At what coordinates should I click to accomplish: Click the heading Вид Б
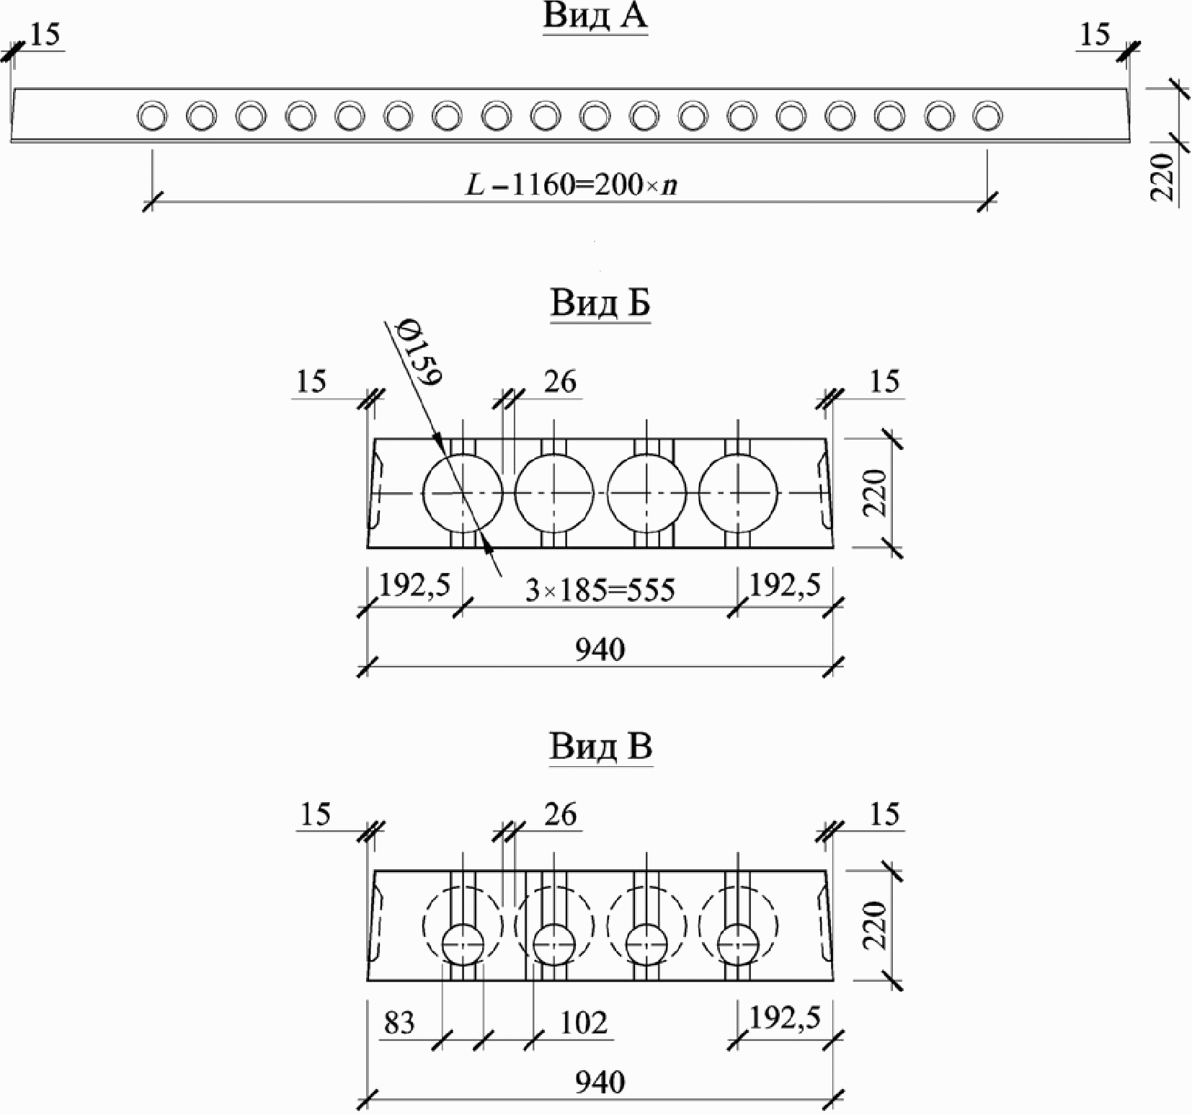tap(600, 303)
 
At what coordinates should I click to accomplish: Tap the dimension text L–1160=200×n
tap(571, 186)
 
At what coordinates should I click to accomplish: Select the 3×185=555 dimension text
tap(600, 590)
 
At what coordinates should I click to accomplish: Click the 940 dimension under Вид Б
tap(600, 650)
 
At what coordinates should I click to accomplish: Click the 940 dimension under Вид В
tap(600, 1082)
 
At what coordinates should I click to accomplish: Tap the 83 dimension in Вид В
tap(400, 1023)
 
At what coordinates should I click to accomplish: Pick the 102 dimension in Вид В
tap(584, 1023)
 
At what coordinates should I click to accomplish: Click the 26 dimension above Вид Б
tap(560, 381)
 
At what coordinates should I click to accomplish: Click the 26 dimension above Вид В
tap(560, 814)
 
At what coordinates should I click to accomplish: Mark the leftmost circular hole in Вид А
tap(153, 115)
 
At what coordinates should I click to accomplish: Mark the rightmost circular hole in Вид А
tap(987, 115)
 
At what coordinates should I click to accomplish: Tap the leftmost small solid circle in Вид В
tap(463, 944)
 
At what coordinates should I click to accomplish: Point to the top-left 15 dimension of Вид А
tap(45, 35)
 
